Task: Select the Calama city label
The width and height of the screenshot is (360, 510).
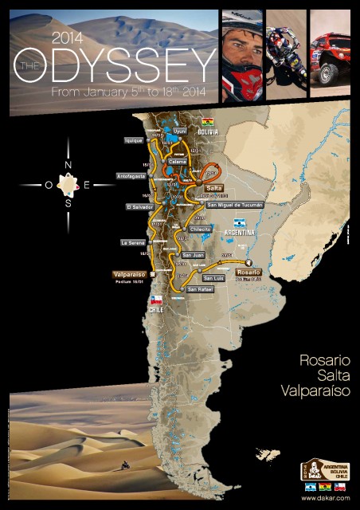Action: pyautogui.click(x=178, y=159)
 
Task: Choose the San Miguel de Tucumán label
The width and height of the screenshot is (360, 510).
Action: pyautogui.click(x=234, y=205)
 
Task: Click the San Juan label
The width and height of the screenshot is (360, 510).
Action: pyautogui.click(x=194, y=255)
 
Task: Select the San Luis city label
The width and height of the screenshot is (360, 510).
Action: pyautogui.click(x=213, y=278)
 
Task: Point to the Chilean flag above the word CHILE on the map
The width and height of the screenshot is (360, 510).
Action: pyautogui.click(x=157, y=300)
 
